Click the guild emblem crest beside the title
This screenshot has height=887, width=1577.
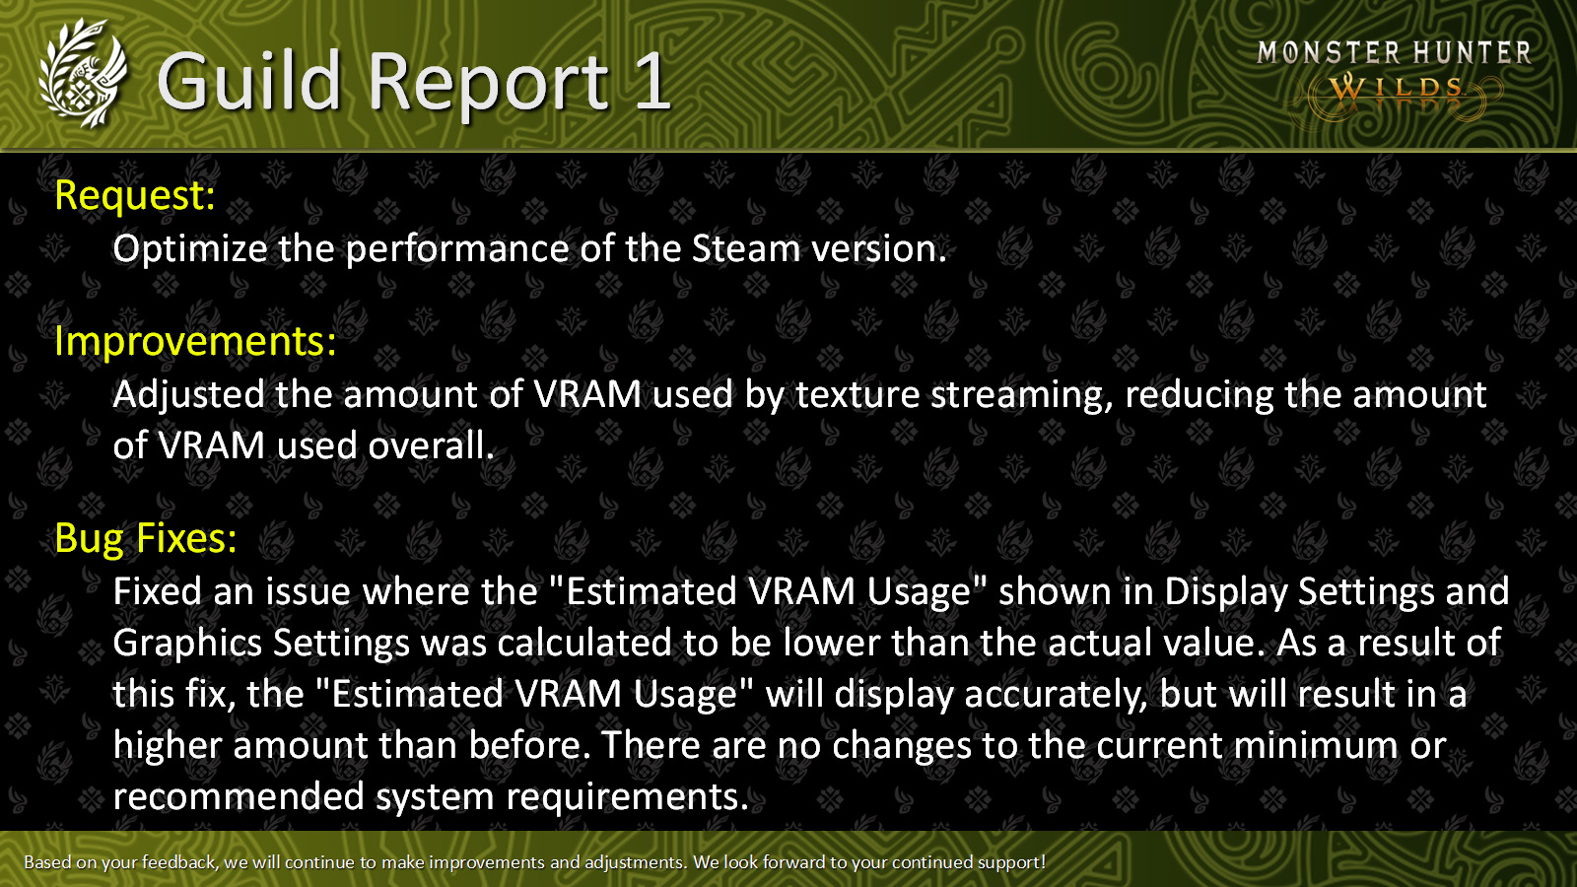(83, 74)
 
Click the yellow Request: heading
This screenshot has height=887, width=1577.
(134, 195)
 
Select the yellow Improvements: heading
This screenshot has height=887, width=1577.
(196, 341)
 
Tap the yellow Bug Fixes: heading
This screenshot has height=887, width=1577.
(146, 538)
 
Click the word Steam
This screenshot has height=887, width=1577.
(746, 248)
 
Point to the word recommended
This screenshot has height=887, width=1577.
(239, 797)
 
